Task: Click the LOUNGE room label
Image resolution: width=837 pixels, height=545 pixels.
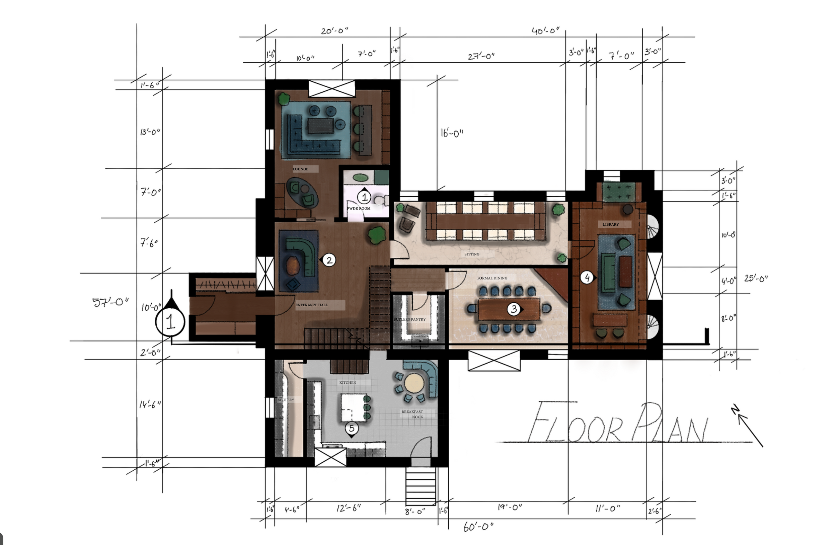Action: (301, 169)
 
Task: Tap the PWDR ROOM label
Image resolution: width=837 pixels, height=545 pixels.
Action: (359, 209)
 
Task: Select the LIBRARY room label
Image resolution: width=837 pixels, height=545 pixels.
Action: (611, 224)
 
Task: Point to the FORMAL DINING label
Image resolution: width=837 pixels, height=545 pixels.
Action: (492, 278)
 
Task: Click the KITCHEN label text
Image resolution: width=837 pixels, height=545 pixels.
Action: (348, 383)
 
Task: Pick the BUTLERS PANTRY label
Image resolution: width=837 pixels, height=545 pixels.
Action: (410, 320)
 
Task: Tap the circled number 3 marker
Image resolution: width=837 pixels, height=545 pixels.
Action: (514, 309)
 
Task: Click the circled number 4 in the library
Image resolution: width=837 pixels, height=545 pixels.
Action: (587, 278)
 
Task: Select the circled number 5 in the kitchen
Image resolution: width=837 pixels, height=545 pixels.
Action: (352, 428)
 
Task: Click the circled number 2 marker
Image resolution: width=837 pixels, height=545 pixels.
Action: (329, 260)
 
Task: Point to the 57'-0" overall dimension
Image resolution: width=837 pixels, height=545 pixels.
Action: (110, 302)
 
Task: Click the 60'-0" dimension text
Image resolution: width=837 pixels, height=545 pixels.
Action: (478, 527)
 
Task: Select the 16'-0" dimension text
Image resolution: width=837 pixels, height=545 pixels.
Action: (452, 133)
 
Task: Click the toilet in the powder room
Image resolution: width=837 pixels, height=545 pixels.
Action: (381, 201)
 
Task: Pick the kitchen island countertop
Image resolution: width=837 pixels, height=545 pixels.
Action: (352, 407)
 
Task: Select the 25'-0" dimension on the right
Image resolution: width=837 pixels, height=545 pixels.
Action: (756, 279)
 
